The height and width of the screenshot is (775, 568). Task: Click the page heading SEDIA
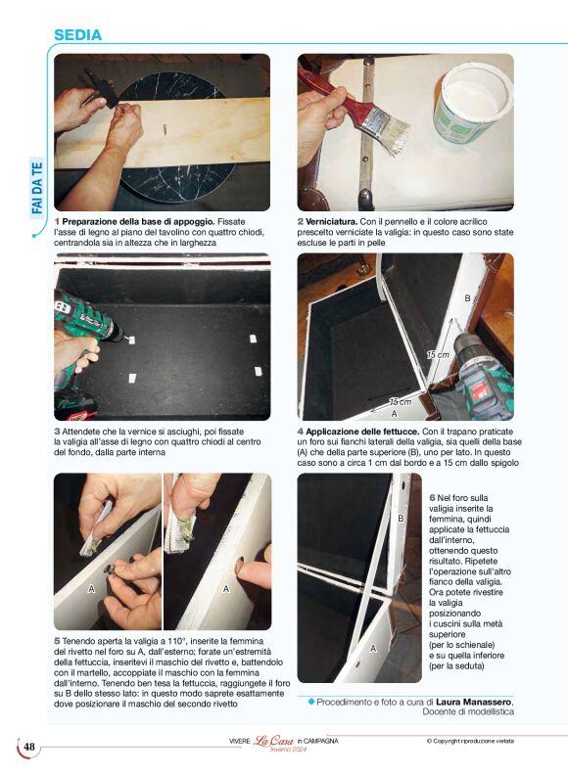point(77,35)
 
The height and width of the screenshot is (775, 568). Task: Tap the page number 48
point(29,747)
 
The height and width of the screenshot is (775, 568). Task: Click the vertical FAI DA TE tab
point(37,188)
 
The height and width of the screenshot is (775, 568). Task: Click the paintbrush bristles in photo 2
point(389,131)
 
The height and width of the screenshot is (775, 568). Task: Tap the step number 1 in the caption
point(57,222)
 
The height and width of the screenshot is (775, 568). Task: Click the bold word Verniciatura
point(331,222)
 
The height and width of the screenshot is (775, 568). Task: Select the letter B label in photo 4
point(467,298)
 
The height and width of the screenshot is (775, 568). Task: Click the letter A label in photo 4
point(395,413)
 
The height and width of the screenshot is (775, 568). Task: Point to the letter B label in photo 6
point(401,519)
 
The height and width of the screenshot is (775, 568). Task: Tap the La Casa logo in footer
point(273,741)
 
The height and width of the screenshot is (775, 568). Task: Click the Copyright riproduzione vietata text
point(470,741)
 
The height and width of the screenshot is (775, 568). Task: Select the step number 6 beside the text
point(432,498)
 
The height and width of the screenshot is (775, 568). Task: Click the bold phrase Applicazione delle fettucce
point(362,432)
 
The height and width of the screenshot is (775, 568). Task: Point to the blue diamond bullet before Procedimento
point(311,702)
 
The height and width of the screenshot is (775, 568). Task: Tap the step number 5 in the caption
point(57,641)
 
